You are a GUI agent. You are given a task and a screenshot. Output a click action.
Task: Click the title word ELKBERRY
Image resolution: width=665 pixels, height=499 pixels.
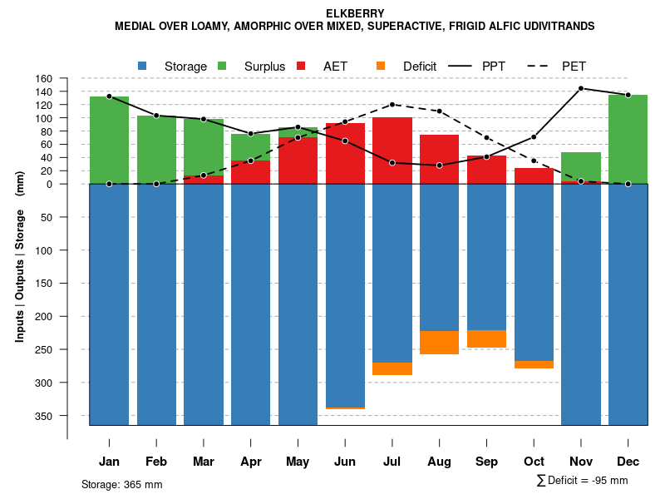click(355, 13)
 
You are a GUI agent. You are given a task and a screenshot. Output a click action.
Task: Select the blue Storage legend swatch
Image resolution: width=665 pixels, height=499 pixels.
click(143, 66)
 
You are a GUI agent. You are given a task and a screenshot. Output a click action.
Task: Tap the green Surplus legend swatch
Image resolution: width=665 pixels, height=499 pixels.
click(223, 66)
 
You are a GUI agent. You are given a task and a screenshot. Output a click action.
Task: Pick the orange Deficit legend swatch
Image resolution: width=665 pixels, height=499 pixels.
click(381, 66)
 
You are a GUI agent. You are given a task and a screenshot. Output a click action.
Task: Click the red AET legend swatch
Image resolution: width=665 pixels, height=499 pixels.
click(302, 66)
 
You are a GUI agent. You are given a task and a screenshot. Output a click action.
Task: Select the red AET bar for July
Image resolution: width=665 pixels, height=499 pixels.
click(392, 150)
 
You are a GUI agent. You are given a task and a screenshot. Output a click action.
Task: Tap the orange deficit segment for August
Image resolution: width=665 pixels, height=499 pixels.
click(440, 343)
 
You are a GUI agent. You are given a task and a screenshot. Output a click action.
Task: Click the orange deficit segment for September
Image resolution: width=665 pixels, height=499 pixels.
click(487, 339)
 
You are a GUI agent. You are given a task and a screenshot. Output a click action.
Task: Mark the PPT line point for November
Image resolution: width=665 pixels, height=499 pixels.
click(581, 88)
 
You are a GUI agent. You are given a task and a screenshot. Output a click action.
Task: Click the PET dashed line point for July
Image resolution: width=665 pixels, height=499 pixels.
click(392, 105)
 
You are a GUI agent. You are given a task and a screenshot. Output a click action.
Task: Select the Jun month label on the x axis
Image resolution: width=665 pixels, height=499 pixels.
click(345, 462)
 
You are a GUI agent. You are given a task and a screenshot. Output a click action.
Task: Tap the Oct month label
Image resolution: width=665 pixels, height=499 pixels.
click(534, 462)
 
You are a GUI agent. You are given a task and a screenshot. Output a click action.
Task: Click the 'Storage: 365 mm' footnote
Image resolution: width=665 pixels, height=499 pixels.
click(122, 484)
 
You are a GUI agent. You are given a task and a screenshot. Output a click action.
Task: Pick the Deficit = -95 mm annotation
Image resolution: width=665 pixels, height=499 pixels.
click(583, 481)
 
